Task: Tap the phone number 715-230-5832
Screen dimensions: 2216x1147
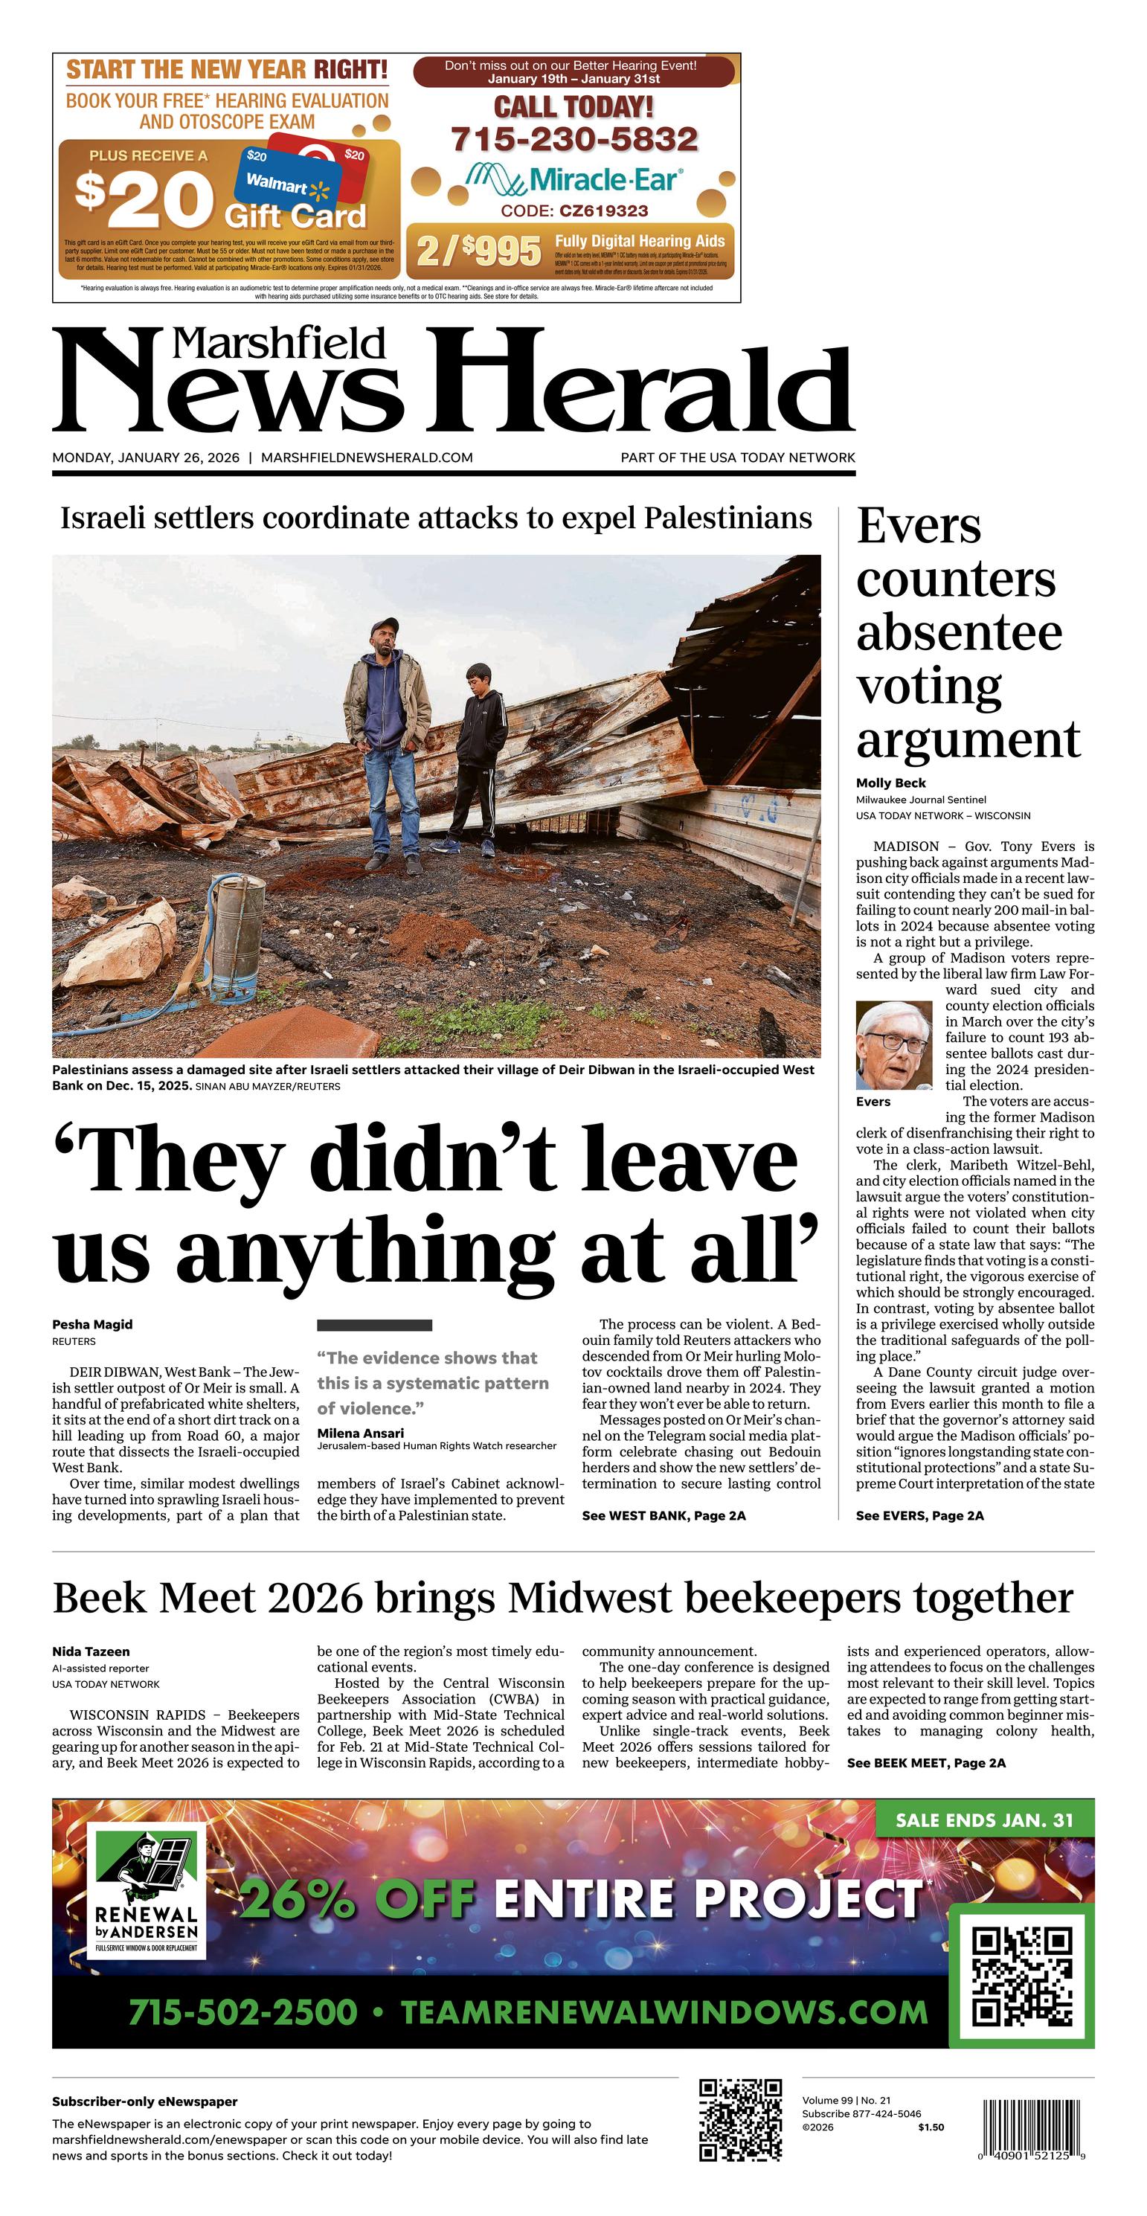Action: tap(574, 139)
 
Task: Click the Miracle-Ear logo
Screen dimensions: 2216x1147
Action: tap(574, 179)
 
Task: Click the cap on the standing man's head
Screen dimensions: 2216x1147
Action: tap(384, 626)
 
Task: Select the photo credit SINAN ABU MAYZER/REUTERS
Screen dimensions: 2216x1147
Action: tap(268, 1087)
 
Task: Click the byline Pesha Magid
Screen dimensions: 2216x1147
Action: tap(92, 1324)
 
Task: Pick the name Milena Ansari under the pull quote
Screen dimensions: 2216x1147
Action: tap(360, 1432)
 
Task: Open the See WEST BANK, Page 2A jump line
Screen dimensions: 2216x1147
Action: tap(664, 1515)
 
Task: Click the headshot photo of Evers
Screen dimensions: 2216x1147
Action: tap(894, 1044)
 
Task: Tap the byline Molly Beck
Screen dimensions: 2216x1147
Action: tap(890, 783)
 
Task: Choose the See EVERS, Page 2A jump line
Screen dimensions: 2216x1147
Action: tap(919, 1515)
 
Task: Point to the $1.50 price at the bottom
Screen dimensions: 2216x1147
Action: tap(930, 2127)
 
